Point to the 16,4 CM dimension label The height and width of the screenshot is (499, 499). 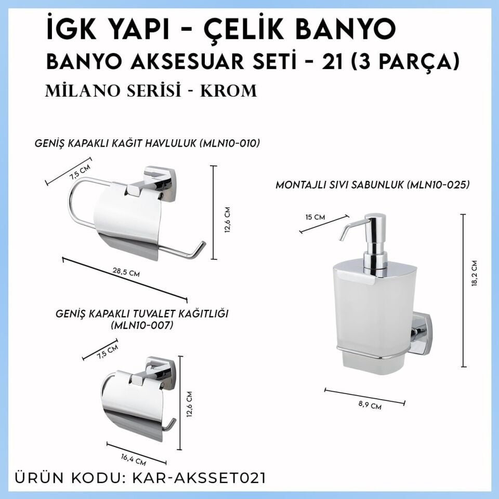[x=134, y=458]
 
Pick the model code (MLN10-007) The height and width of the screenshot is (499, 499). [x=142, y=326]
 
